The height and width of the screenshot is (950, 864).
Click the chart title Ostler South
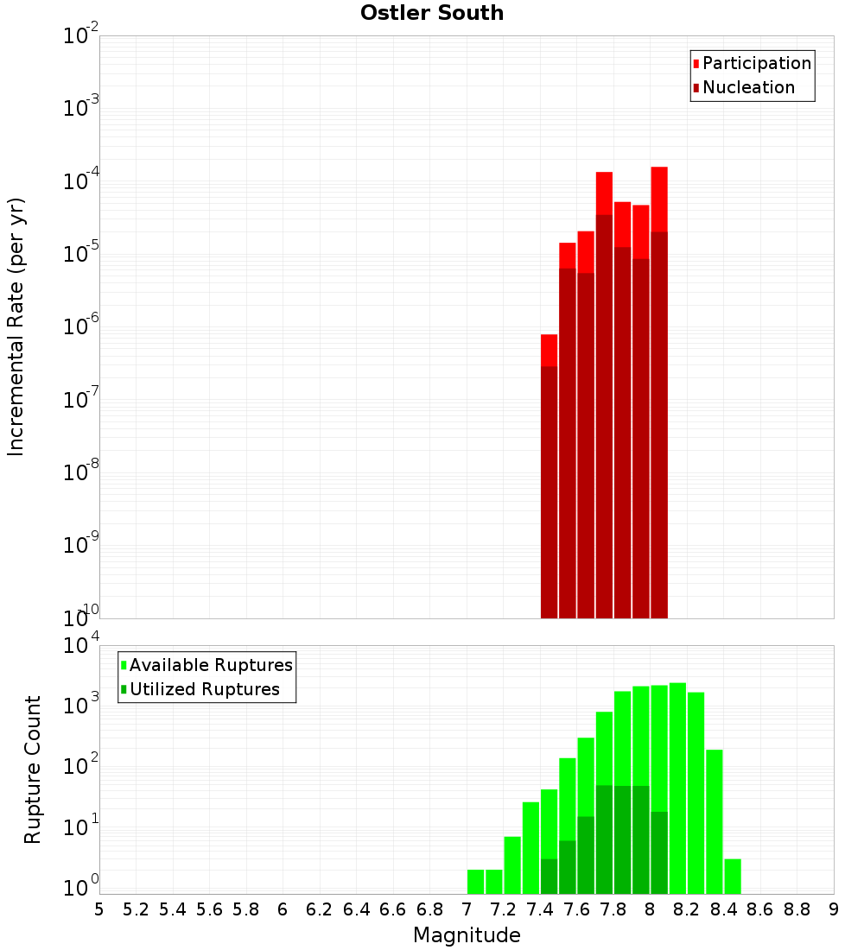tap(432, 13)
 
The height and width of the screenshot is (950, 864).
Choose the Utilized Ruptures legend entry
tap(204, 689)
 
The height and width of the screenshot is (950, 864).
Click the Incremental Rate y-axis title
tap(17, 327)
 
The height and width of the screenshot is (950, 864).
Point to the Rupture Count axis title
tap(33, 769)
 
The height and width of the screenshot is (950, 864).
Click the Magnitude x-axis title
tap(467, 935)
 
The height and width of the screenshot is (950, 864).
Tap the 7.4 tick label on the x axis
tap(540, 909)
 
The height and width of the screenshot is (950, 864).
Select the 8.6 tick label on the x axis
tap(760, 909)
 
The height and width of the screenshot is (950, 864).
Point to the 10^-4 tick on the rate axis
tap(82, 180)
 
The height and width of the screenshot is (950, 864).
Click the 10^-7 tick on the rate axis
tap(82, 399)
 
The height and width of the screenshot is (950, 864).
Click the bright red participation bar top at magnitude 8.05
tap(659, 199)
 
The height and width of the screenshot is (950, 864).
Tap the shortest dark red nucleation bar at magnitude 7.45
tap(549, 492)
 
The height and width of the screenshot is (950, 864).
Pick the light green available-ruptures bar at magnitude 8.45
tap(733, 876)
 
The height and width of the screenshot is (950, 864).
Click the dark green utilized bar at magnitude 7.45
tap(549, 876)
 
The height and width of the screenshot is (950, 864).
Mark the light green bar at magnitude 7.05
tap(475, 881)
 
